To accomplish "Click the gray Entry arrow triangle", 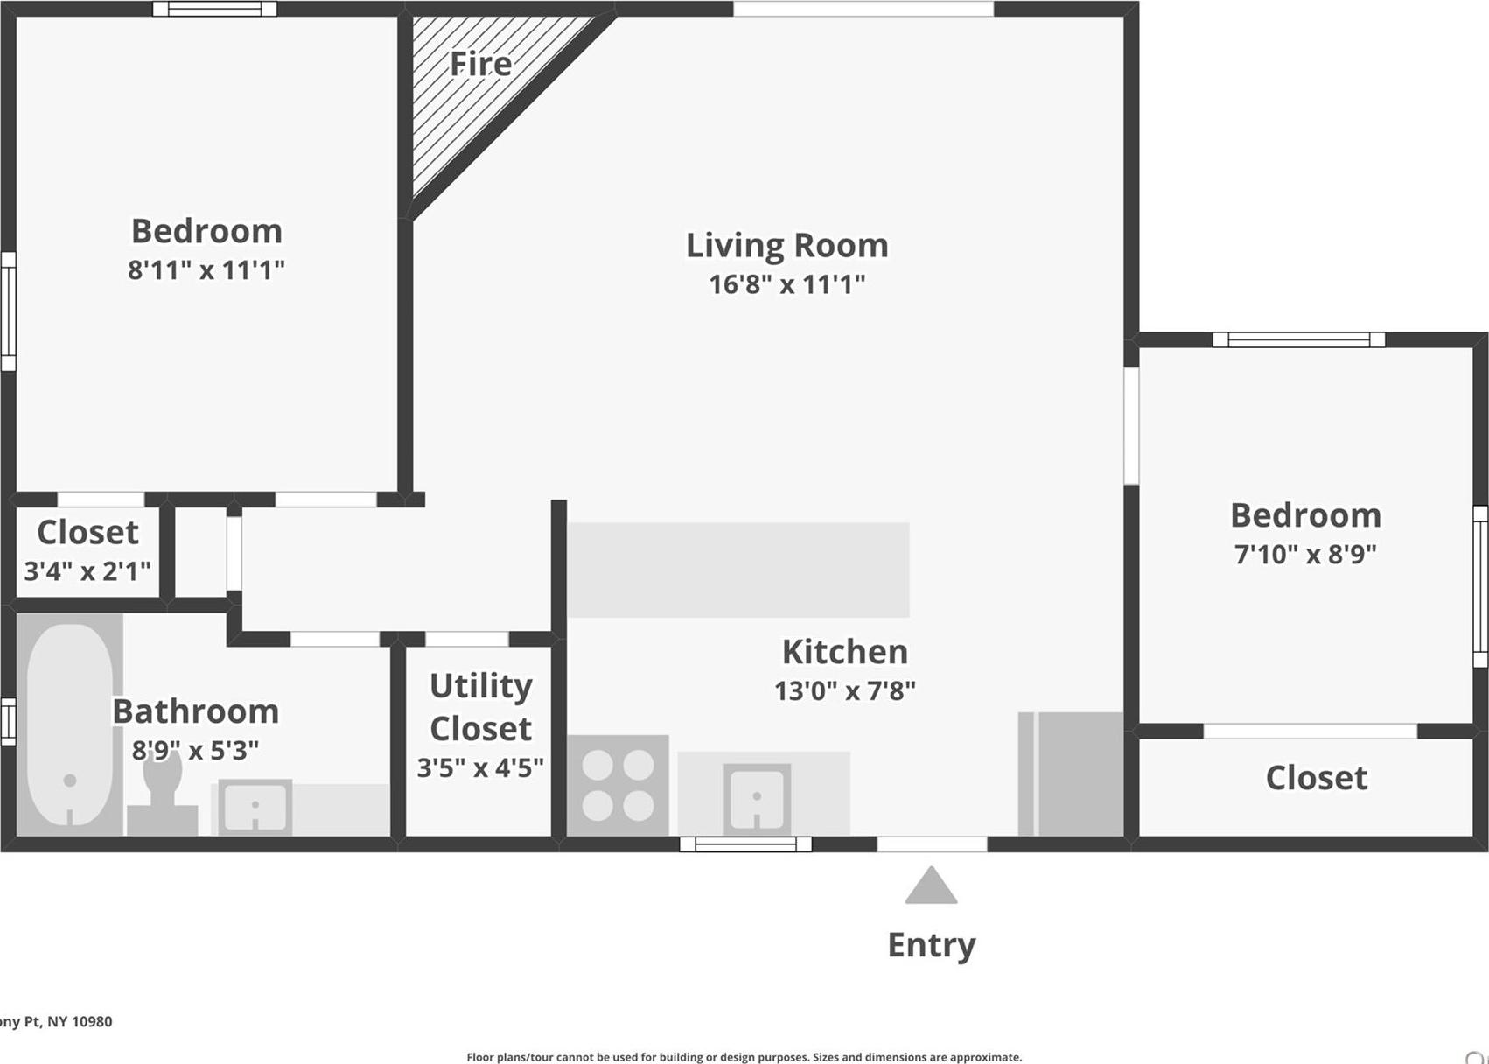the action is tap(931, 886).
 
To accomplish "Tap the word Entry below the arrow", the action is tap(932, 946).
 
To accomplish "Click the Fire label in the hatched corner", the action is tap(480, 64).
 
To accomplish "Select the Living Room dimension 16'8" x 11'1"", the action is tap(787, 284).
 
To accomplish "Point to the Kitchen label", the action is tap(845, 652).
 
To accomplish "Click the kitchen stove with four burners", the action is tap(618, 785).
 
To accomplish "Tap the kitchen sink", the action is tap(757, 799).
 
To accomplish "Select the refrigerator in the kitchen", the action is tap(1070, 773).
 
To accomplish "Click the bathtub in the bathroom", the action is tap(70, 724).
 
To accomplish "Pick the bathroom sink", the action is tap(255, 807).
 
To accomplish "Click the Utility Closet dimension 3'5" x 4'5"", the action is tap(480, 767).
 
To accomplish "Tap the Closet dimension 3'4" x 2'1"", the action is tap(87, 570).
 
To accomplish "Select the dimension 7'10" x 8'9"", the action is tap(1305, 554).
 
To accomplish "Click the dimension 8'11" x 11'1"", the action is tap(206, 270).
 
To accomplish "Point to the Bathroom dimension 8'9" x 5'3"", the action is tap(195, 750).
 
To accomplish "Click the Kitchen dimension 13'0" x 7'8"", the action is tap(845, 691).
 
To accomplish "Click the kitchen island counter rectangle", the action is tap(738, 570).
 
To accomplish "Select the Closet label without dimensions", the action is tap(1316, 777).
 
